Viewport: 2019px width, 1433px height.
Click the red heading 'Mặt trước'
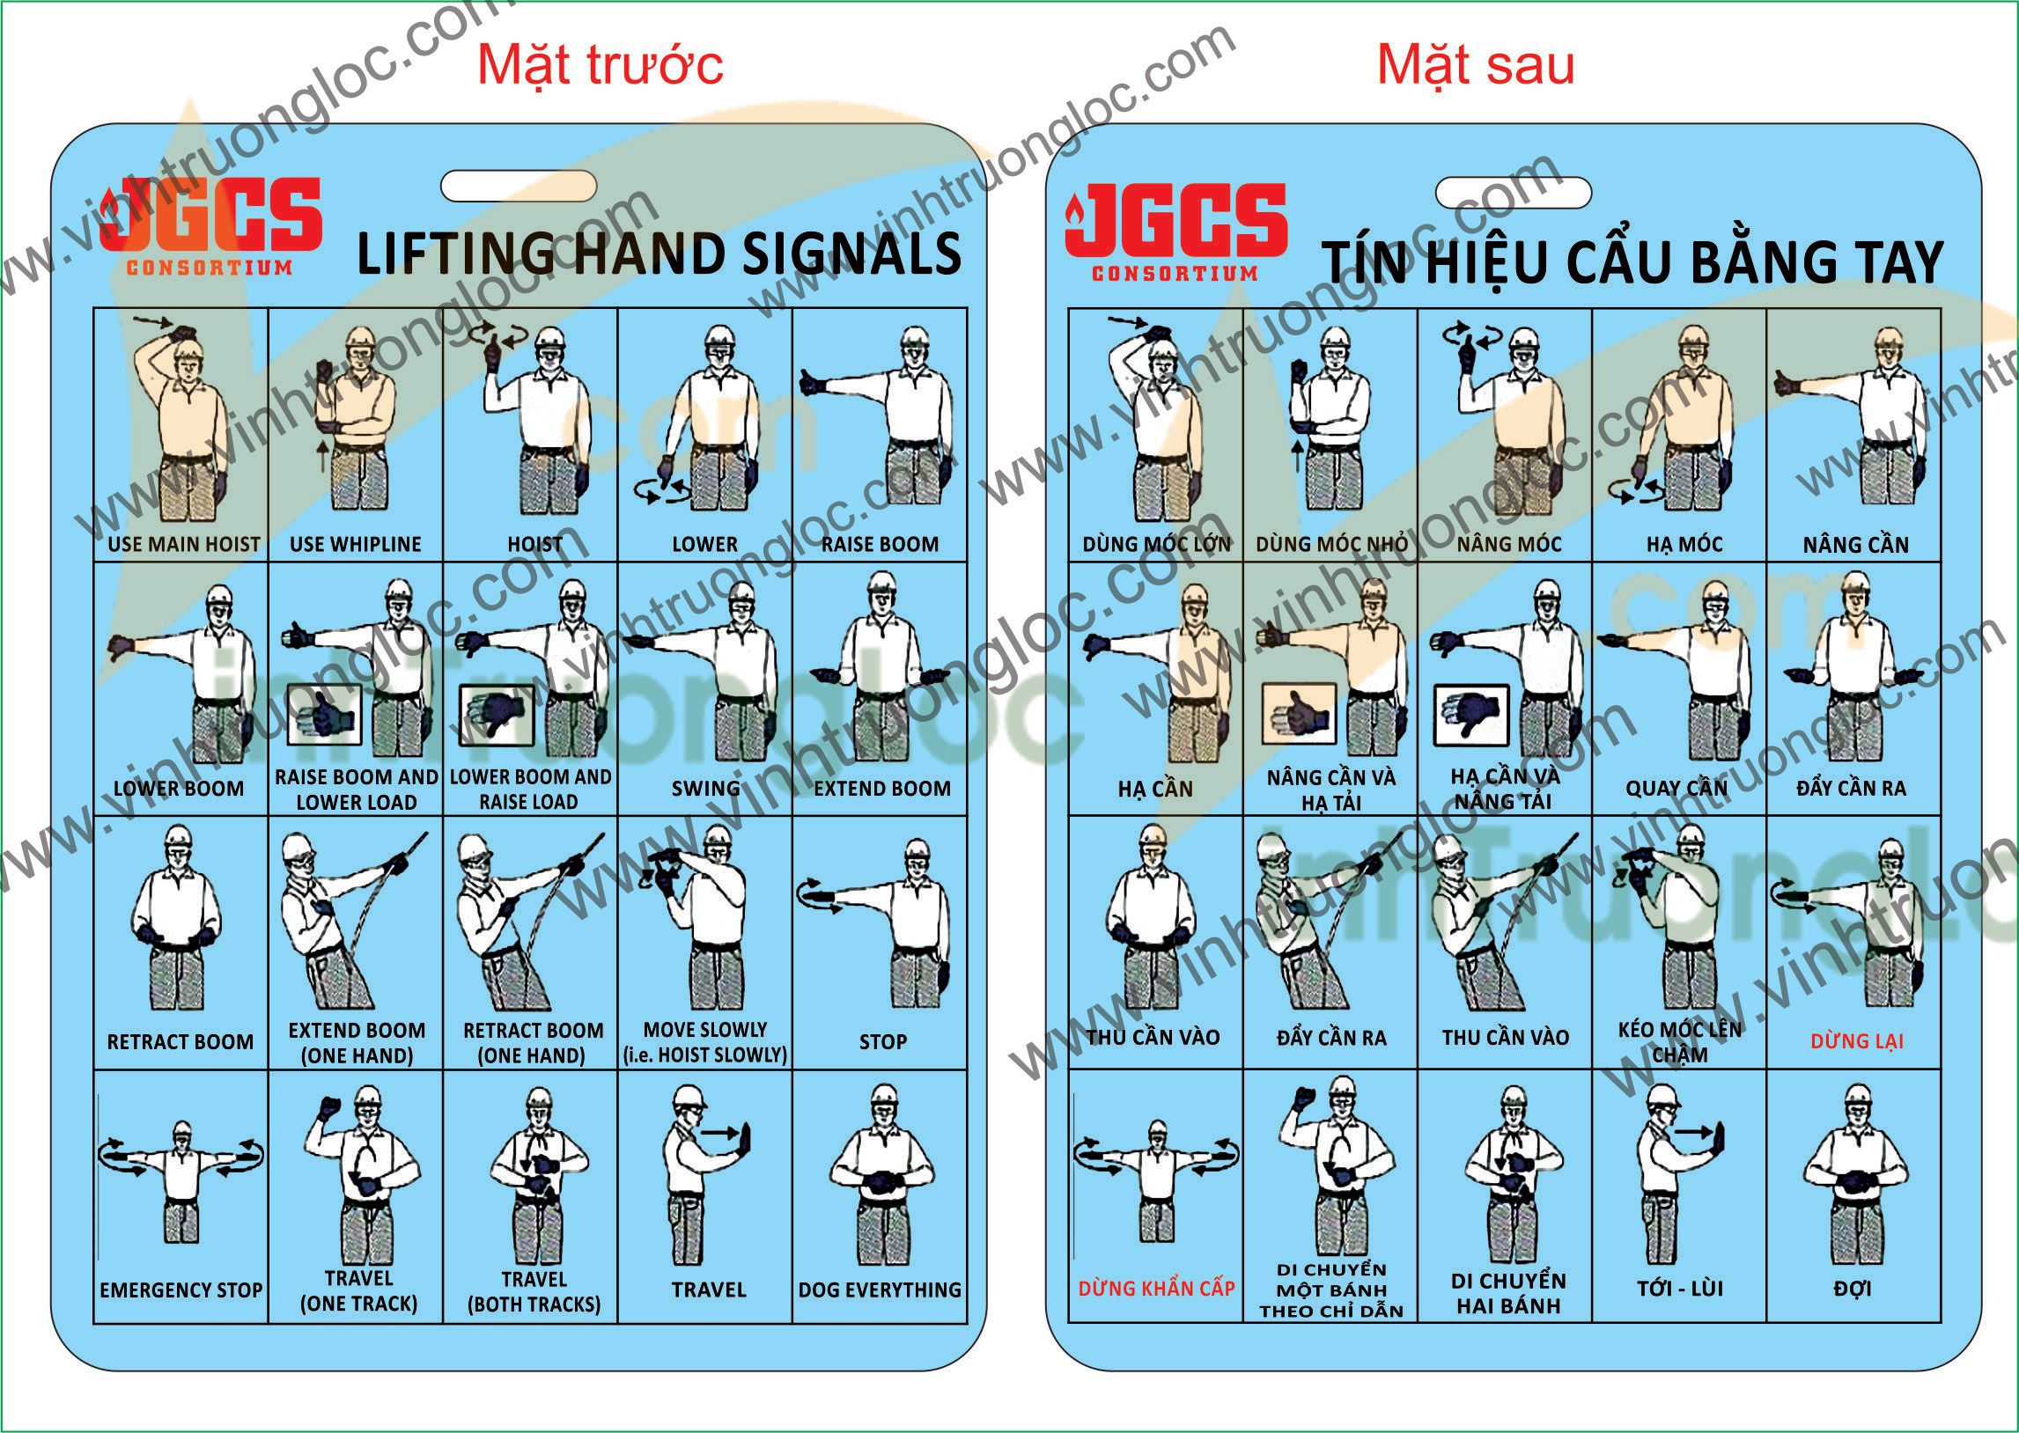click(x=600, y=64)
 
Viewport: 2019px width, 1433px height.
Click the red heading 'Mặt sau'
click(x=1476, y=64)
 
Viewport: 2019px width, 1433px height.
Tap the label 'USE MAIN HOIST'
click(x=183, y=545)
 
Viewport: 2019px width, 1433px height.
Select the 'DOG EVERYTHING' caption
click(x=880, y=1290)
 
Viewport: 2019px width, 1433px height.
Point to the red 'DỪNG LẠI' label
click(x=1857, y=1041)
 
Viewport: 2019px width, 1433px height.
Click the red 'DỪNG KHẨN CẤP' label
click(x=1156, y=1289)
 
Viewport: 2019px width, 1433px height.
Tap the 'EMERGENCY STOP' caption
click(x=181, y=1290)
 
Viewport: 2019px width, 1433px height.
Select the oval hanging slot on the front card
click(x=518, y=187)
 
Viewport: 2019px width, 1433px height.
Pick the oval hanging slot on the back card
click(x=1514, y=193)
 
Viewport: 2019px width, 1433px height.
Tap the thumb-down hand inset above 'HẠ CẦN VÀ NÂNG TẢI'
click(x=1471, y=714)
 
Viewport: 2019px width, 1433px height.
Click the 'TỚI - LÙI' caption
click(x=1680, y=1289)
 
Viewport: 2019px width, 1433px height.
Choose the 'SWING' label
click(x=705, y=788)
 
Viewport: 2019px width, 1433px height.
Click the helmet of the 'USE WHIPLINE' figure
click(x=361, y=338)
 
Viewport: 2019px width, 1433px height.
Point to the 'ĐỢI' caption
click(x=1853, y=1289)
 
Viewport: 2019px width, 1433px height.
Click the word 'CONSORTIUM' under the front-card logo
click(x=210, y=268)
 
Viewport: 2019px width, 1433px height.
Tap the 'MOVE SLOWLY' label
click(x=705, y=1030)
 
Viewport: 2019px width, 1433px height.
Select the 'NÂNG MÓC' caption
click(x=1509, y=545)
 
